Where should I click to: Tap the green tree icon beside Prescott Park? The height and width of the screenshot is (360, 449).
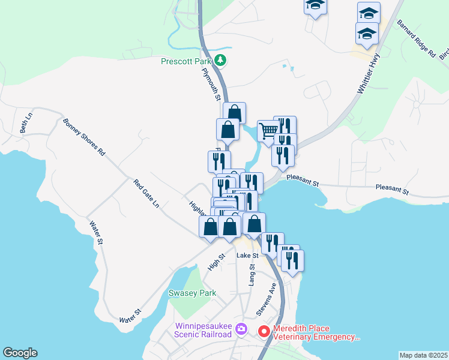221,60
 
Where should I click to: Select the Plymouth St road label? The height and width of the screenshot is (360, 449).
211,84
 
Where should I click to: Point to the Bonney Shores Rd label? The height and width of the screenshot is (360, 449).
84,137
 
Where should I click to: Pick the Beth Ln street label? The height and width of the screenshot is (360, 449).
25,123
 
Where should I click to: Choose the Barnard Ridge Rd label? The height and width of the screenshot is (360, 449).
415,38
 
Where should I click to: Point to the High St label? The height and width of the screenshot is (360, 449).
216,261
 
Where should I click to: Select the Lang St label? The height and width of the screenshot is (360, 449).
253,277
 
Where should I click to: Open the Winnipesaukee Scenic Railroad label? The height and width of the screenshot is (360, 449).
203,330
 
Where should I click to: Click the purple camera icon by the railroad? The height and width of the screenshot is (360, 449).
241,329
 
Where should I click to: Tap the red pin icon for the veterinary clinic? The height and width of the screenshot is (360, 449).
264,331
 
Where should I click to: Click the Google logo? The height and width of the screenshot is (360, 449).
20,353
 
